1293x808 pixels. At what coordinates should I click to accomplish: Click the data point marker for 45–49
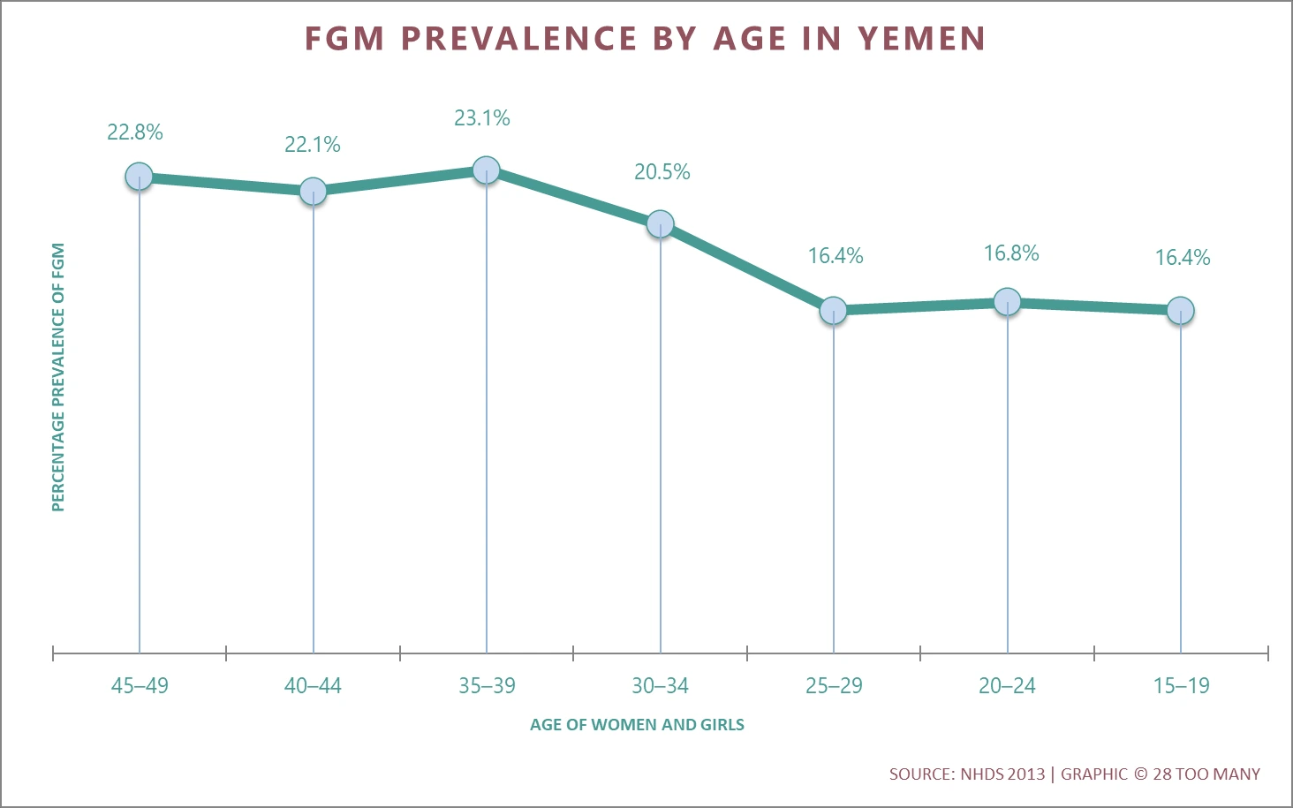tap(139, 177)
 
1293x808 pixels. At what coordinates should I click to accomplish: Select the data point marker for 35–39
tap(487, 170)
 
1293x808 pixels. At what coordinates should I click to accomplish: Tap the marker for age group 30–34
tap(660, 224)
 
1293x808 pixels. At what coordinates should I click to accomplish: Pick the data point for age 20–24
tap(1007, 302)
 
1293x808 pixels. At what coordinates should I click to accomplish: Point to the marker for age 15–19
tap(1181, 310)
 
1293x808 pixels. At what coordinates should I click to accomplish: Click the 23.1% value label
tap(482, 118)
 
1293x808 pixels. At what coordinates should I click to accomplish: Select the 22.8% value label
tap(135, 132)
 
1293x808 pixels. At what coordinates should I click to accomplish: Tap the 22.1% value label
tap(313, 145)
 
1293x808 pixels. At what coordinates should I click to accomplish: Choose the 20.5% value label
tap(662, 172)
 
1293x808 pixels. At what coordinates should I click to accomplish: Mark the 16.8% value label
tap(1011, 253)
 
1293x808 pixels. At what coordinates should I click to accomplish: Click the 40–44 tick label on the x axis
tap(313, 686)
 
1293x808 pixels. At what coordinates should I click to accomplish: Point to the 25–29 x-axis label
tap(834, 686)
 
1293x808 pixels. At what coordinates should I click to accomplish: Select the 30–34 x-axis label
tap(660, 686)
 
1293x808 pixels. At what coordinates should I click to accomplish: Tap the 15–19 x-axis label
tap(1181, 686)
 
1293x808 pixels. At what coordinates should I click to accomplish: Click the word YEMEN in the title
tap(921, 39)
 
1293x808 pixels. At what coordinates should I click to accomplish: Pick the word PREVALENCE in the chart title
tap(519, 39)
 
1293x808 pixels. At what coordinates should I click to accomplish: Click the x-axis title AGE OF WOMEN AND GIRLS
tap(637, 725)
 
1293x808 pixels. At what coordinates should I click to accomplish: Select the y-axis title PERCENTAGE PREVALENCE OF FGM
tap(58, 377)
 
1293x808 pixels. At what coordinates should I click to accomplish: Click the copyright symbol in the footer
tap(1140, 774)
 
